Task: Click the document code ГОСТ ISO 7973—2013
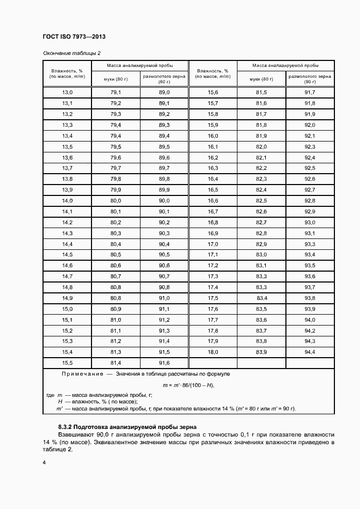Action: click(x=74, y=36)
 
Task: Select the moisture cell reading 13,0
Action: click(x=68, y=93)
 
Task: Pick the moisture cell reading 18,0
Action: click(x=212, y=352)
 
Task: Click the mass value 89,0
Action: click(x=164, y=93)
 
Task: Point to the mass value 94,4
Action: click(x=310, y=352)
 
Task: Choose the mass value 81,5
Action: click(x=261, y=93)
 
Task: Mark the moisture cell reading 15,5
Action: click(x=68, y=363)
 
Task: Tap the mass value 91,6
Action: click(x=164, y=363)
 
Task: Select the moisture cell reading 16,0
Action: click(x=212, y=136)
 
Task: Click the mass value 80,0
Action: click(x=115, y=201)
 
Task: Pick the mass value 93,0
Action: click(x=310, y=223)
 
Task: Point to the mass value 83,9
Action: click(x=261, y=352)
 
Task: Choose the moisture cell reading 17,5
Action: click(x=212, y=298)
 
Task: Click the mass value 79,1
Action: click(x=115, y=93)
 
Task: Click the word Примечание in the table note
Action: click(x=82, y=375)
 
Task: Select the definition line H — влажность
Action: click(x=98, y=401)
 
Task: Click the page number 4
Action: click(x=44, y=462)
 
